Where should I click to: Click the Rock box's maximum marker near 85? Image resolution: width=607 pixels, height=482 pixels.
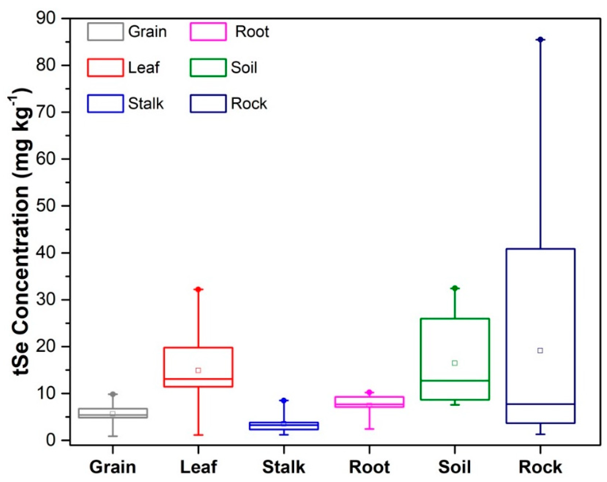pyautogui.click(x=540, y=40)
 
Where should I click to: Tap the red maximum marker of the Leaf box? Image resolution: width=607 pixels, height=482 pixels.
pyautogui.click(x=198, y=289)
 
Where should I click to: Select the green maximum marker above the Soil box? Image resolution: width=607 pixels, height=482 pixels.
pyautogui.click(x=455, y=288)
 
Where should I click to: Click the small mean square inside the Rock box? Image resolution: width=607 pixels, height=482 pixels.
pyautogui.click(x=540, y=351)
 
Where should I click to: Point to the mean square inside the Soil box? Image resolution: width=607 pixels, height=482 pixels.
pyautogui.click(x=454, y=363)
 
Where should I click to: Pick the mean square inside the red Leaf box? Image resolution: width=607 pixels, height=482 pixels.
pyautogui.click(x=198, y=370)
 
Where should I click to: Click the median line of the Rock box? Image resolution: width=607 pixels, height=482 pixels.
pyautogui.click(x=540, y=404)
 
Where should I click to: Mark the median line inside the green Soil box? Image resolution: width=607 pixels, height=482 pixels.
pyautogui.click(x=454, y=381)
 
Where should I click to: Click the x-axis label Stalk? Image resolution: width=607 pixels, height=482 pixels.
pyautogui.click(x=284, y=467)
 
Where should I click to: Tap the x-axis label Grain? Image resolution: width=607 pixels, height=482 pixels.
pyautogui.click(x=113, y=467)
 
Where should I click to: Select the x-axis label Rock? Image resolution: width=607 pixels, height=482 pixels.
pyautogui.click(x=540, y=467)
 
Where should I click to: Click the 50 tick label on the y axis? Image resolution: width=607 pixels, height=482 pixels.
pyautogui.click(x=46, y=206)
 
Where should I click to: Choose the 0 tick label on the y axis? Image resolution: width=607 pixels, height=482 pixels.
pyautogui.click(x=51, y=440)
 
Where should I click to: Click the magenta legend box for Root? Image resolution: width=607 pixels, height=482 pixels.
pyautogui.click(x=208, y=31)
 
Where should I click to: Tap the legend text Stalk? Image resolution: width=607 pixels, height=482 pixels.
pyautogui.click(x=145, y=104)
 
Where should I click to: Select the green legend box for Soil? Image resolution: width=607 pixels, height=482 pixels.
pyautogui.click(x=208, y=68)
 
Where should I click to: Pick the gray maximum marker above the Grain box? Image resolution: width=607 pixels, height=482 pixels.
pyautogui.click(x=113, y=395)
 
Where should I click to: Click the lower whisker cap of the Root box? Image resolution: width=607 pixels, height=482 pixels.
pyautogui.click(x=370, y=429)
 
